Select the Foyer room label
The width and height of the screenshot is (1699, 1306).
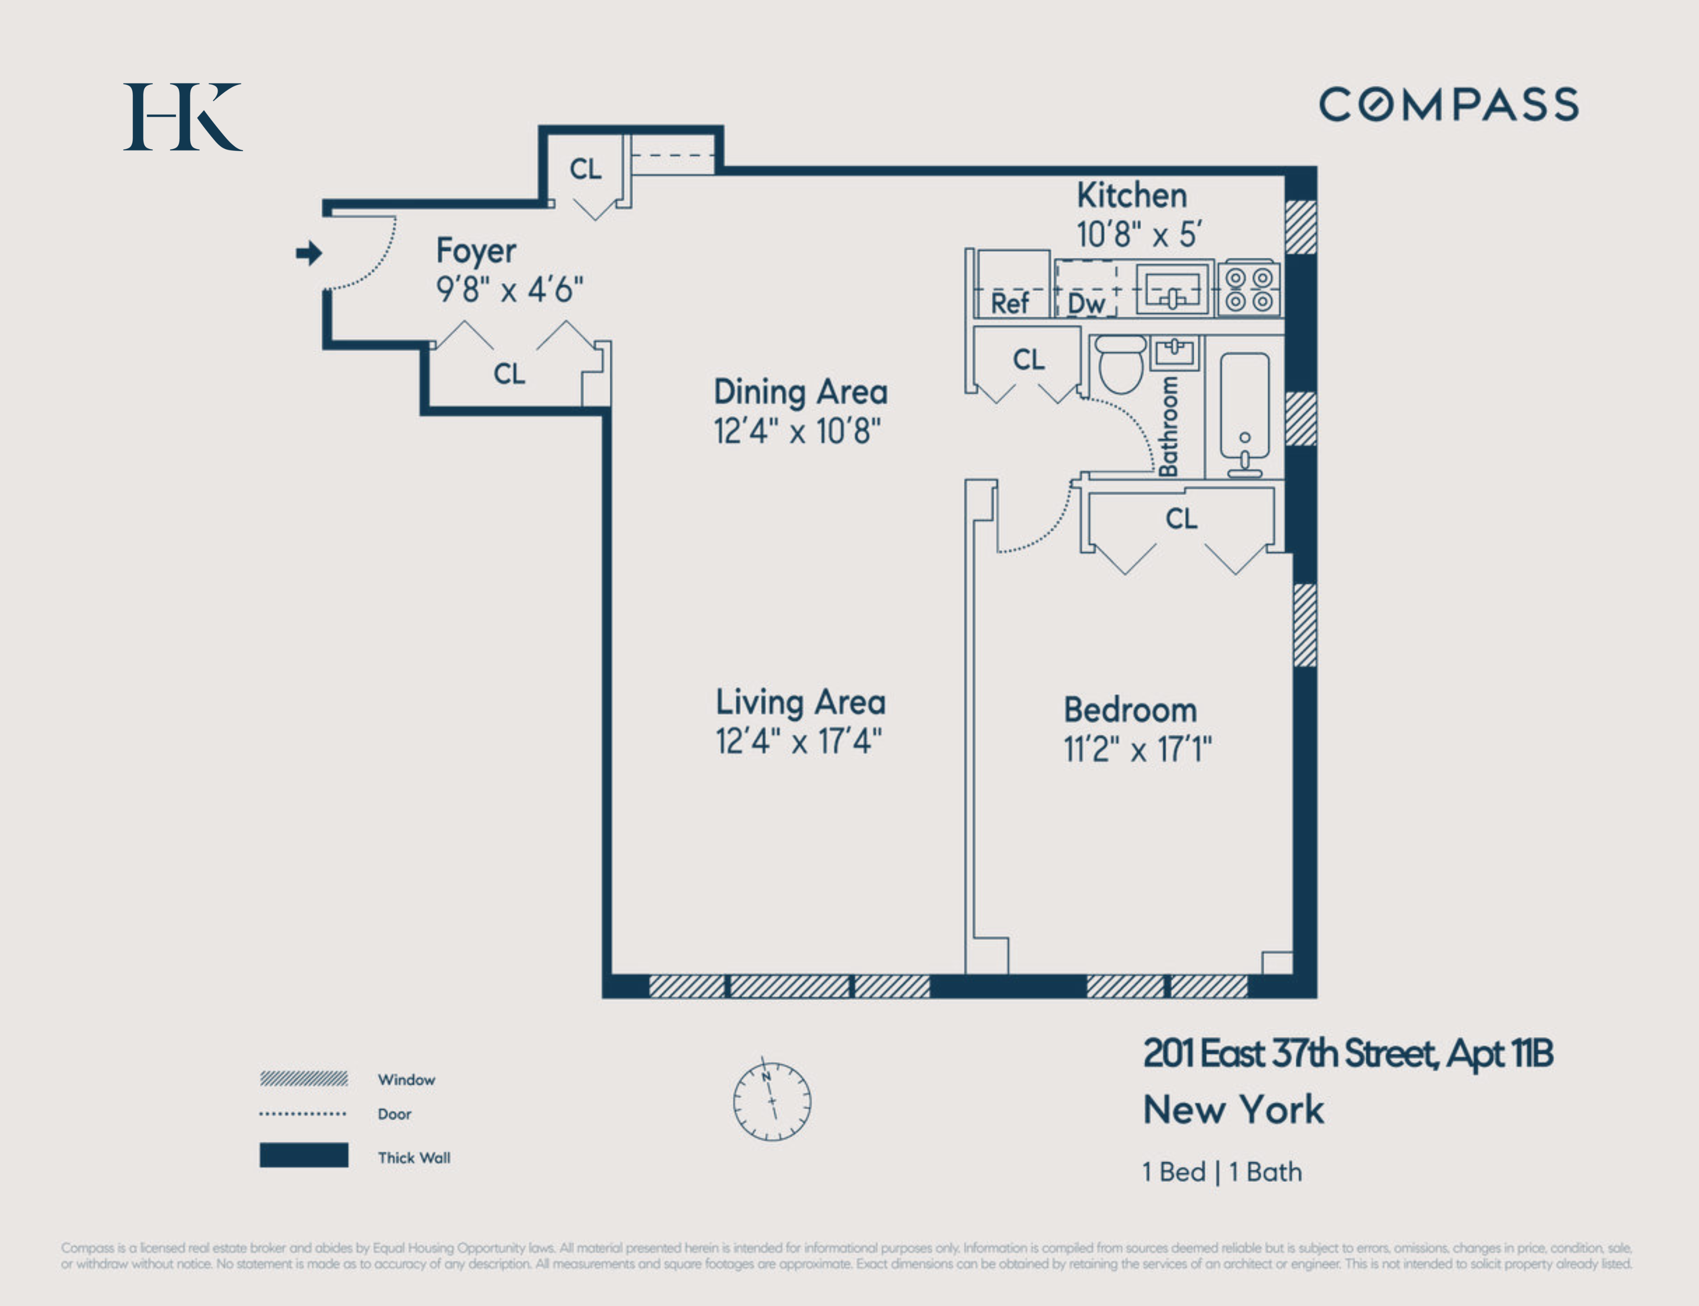point(476,250)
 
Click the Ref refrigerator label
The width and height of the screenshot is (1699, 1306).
point(1009,303)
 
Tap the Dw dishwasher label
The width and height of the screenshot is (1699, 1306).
point(1086,303)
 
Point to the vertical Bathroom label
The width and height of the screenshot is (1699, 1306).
point(1168,426)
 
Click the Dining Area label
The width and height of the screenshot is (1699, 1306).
point(801,392)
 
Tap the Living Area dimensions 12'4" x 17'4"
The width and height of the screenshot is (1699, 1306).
point(799,741)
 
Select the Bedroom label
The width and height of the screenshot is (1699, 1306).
point(1130,710)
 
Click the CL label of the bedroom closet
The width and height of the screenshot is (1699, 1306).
point(1181,519)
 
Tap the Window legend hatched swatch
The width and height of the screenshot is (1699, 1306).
point(304,1078)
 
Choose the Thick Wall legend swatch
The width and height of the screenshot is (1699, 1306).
point(304,1154)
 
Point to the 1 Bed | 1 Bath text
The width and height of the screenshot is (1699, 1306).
point(1222,1171)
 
